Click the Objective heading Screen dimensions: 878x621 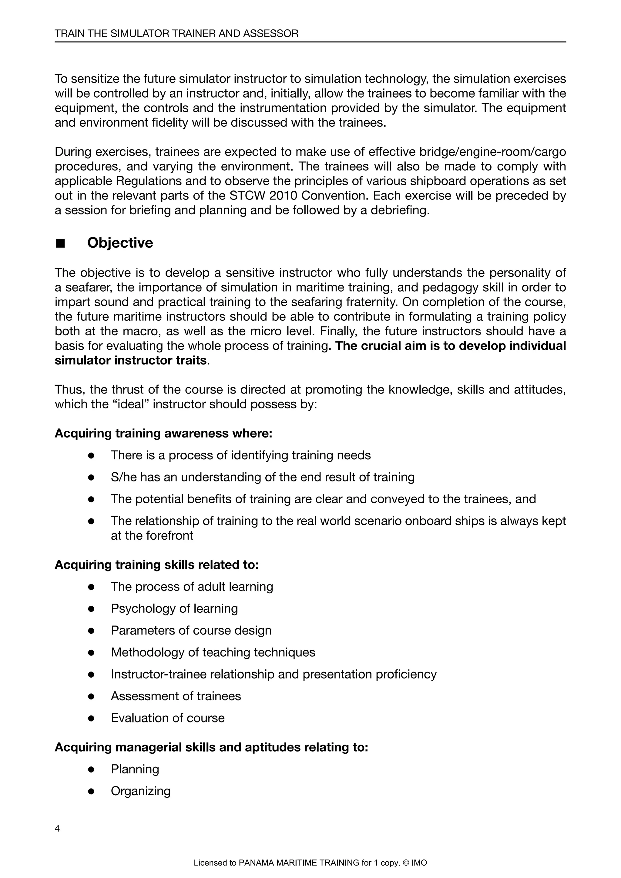point(120,243)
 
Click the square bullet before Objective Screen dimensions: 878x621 point(60,243)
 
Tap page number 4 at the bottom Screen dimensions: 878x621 point(57,829)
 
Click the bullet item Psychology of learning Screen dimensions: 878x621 point(174,608)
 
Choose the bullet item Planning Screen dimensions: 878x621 point(135,769)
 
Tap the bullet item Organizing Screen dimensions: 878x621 point(140,791)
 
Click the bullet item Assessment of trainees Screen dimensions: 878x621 point(176,696)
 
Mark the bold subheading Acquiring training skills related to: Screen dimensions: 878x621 point(156,565)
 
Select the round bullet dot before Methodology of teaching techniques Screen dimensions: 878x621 point(91,652)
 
